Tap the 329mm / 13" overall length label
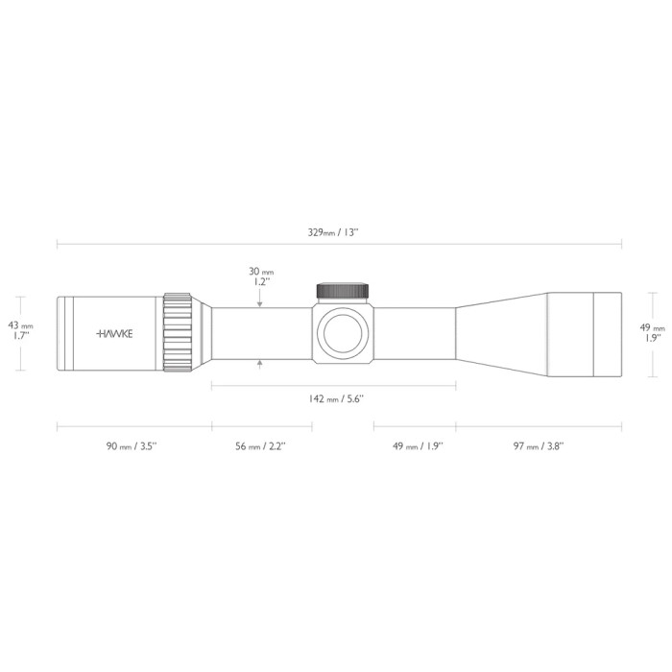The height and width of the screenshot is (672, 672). [x=336, y=232]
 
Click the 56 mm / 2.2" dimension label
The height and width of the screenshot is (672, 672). [x=261, y=445]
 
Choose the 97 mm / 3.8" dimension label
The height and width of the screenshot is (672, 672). [x=538, y=445]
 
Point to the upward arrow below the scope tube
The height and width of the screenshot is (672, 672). [x=260, y=363]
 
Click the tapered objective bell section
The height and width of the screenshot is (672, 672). [x=501, y=332]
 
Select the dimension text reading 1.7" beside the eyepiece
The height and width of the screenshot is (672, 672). [x=21, y=336]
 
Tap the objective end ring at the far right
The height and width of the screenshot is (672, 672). [x=608, y=332]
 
